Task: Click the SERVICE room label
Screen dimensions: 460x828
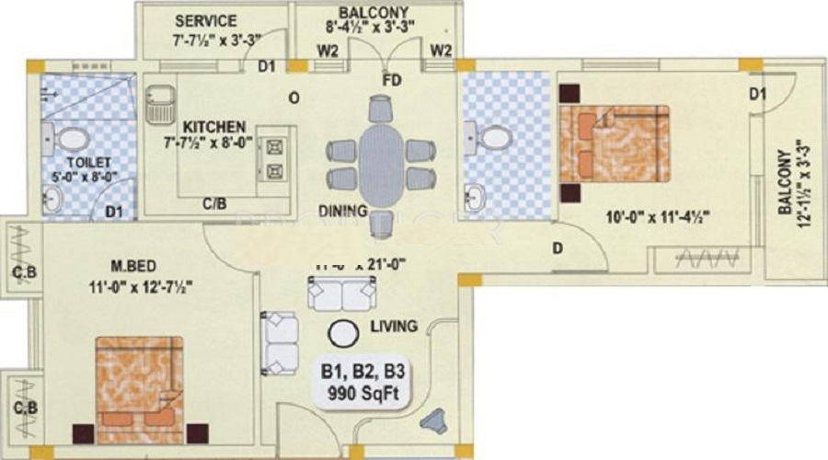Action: coord(205,21)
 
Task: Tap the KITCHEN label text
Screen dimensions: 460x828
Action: coord(213,126)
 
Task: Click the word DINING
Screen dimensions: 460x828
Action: coord(344,211)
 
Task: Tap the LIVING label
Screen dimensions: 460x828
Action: coord(395,326)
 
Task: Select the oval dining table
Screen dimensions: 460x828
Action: coord(380,166)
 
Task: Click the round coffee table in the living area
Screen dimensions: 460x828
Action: coord(345,334)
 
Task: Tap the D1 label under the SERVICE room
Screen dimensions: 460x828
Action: coord(267,66)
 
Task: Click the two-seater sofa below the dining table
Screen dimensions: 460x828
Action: coord(340,293)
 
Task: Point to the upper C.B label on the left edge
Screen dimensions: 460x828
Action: coord(24,272)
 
